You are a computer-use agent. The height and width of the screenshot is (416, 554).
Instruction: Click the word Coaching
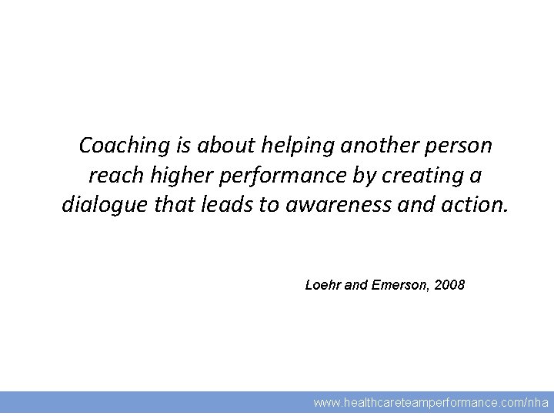114,145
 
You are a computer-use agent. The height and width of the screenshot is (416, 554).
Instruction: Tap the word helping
298,145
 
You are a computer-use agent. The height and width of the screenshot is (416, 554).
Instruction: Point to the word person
459,145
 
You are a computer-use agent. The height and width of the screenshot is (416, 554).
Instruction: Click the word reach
111,176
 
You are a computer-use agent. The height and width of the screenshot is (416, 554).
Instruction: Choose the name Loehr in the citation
323,285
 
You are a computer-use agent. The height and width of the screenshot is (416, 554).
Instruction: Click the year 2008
449,285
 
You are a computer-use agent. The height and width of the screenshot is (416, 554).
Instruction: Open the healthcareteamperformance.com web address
431,403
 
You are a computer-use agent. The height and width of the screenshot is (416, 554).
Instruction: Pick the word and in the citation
356,285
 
